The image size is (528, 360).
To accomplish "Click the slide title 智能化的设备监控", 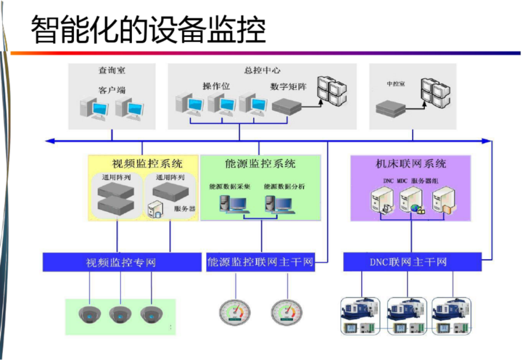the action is point(148,29).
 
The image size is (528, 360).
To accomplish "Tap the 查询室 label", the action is point(112,70).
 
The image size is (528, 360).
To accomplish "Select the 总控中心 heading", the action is point(262,70).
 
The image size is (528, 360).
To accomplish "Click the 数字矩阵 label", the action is point(288,86).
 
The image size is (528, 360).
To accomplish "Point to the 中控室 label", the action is point(396,84).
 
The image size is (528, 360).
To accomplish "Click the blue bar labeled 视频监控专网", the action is point(122,262).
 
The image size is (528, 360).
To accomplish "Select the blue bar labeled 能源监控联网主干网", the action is point(261,262).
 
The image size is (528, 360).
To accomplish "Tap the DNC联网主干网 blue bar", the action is point(412,262).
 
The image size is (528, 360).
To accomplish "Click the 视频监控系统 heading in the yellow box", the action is point(147,164).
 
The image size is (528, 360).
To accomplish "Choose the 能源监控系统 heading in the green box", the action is point(260,164).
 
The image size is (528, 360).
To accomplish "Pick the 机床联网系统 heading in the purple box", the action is point(411,164).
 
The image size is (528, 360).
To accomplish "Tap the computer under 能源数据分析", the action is point(280,204).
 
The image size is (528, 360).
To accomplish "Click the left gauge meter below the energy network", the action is point(235,313).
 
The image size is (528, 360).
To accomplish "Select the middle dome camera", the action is point(120,315).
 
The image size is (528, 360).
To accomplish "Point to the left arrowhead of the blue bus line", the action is point(49,141).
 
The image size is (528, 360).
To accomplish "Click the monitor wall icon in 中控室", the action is point(436,92).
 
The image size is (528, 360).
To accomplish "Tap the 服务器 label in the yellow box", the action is point(185,209).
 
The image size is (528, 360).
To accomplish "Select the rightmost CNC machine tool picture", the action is point(452,316).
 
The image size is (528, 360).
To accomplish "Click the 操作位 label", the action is point(216,86).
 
